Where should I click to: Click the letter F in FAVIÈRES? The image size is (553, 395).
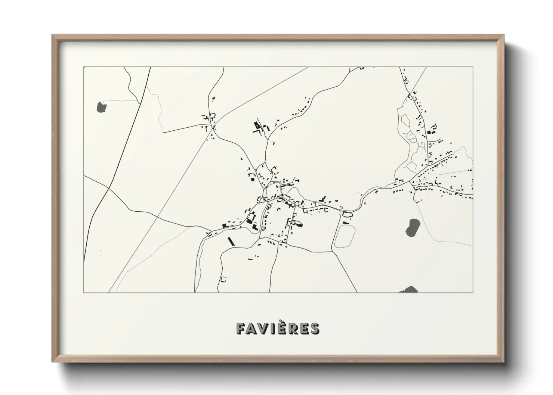pyautogui.click(x=241, y=329)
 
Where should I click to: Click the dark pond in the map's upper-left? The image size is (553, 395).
pyautogui.click(x=101, y=107)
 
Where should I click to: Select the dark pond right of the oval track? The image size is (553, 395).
pyautogui.click(x=412, y=227)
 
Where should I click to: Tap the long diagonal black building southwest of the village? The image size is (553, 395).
pyautogui.click(x=230, y=241)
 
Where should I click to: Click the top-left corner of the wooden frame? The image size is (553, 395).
pyautogui.click(x=52, y=35)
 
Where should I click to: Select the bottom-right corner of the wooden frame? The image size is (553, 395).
pyautogui.click(x=504, y=362)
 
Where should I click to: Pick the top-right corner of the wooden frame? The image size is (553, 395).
pyautogui.click(x=504, y=35)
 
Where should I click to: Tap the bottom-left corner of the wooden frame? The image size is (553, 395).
pyautogui.click(x=52, y=362)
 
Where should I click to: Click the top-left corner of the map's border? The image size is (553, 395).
pyautogui.click(x=83, y=67)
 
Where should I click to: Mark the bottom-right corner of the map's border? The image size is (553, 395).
pyautogui.click(x=473, y=292)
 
